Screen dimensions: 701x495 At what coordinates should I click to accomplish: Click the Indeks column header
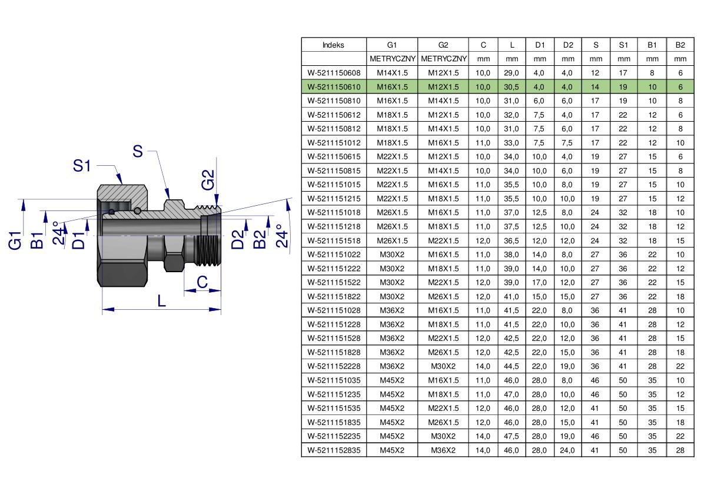(333, 45)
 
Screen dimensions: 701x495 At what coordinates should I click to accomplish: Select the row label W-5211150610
(334, 86)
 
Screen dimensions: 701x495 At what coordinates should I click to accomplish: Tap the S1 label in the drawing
(82, 166)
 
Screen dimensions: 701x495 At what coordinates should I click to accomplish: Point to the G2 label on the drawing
(208, 179)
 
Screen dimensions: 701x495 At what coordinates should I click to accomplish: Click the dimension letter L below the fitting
(161, 300)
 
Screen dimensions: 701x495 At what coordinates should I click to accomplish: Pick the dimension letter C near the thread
(202, 282)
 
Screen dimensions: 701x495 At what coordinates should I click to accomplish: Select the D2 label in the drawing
(238, 239)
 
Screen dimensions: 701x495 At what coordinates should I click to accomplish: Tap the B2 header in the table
(680, 45)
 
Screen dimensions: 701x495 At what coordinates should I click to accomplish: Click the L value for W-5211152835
(511, 450)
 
